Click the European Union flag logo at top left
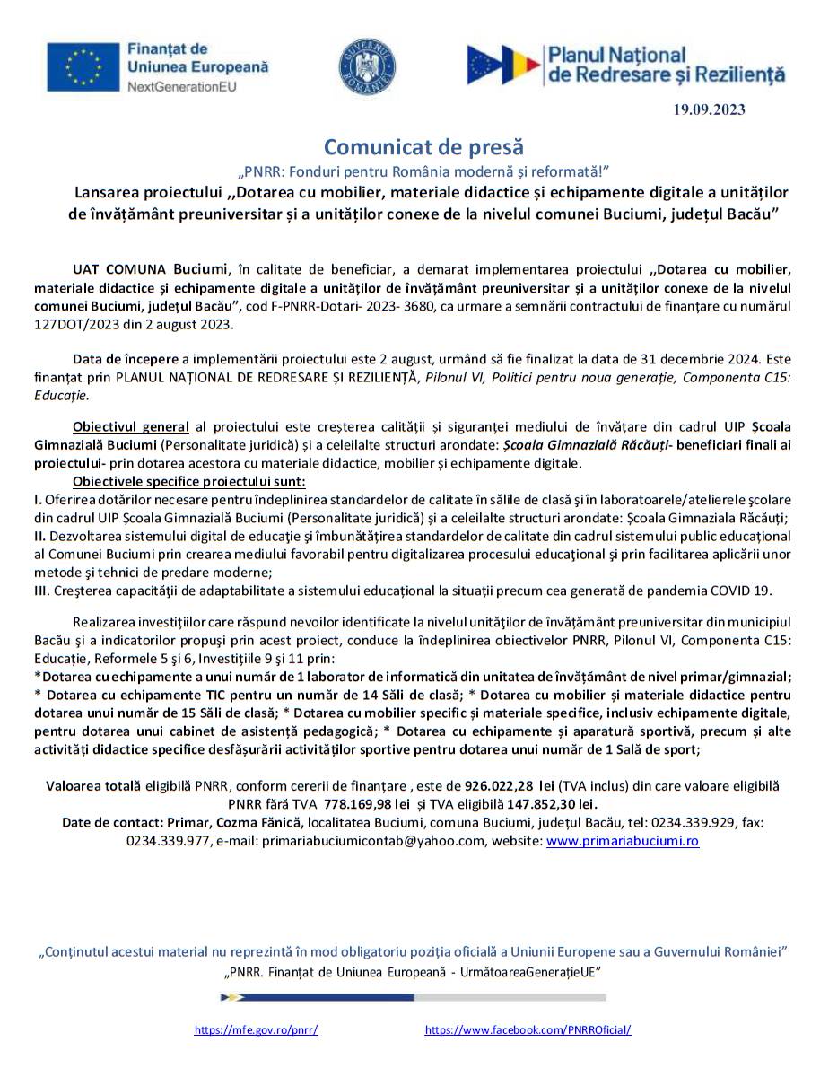click(x=83, y=67)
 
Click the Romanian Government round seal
click(x=367, y=67)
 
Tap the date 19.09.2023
click(x=709, y=110)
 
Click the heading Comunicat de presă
click(x=423, y=146)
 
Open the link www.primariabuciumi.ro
click(x=623, y=841)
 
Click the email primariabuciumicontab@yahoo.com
click(x=401, y=841)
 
